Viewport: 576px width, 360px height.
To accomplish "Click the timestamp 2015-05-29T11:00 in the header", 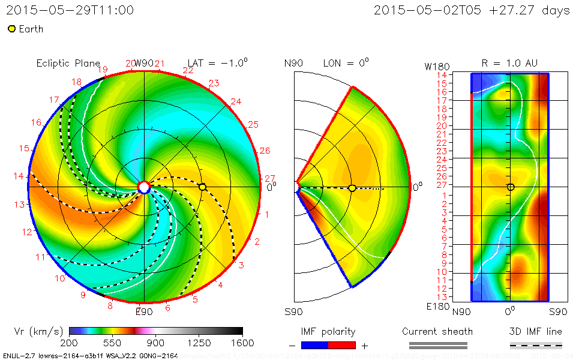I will pos(70,10).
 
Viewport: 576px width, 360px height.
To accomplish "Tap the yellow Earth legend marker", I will pos(11,29).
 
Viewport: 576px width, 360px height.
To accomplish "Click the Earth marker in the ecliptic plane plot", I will pos(202,187).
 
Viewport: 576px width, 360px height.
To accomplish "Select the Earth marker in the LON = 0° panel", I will pos(352,188).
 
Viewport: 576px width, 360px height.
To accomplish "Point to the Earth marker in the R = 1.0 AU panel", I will pos(511,187).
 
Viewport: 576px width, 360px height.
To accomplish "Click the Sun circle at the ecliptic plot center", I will pos(143,187).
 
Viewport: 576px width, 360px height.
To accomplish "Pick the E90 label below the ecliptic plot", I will pos(144,311).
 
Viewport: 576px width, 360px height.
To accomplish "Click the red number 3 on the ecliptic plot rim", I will pos(241,265).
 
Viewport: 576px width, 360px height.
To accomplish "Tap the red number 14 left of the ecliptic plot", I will pos(19,176).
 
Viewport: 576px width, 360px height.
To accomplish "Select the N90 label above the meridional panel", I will pos(293,63).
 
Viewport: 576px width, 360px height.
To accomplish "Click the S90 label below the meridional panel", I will pos(293,312).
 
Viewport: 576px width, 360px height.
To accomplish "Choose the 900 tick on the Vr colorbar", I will pos(156,343).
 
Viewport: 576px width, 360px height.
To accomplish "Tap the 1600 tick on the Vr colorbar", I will pos(243,343).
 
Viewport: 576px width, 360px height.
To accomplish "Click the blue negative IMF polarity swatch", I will pos(315,345).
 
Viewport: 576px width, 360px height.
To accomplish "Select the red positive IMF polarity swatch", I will pos(342,345).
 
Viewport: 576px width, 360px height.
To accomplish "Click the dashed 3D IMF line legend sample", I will pos(536,345).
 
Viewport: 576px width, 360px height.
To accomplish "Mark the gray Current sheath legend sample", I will pos(437,345).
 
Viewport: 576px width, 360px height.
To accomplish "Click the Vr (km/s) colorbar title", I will pos(38,331).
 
